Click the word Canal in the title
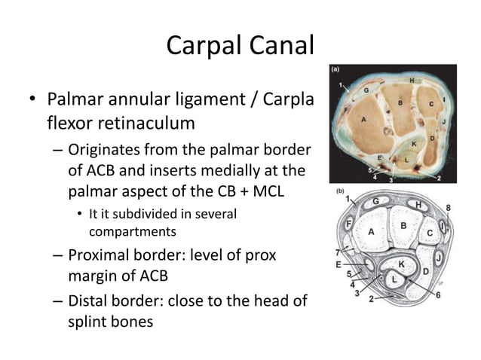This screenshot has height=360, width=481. click(x=279, y=46)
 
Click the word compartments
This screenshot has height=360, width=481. click(x=133, y=231)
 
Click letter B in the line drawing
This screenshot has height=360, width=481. click(x=404, y=225)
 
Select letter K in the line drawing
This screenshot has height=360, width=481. click(x=400, y=264)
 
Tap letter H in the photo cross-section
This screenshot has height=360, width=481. click(x=412, y=81)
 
